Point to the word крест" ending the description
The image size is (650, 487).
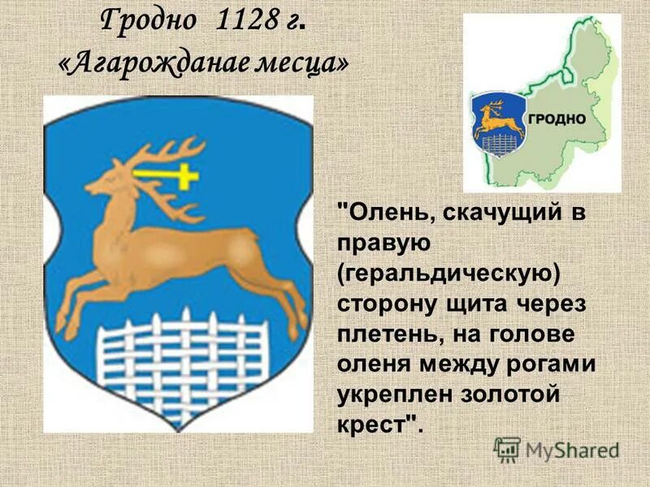pos(379,426)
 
